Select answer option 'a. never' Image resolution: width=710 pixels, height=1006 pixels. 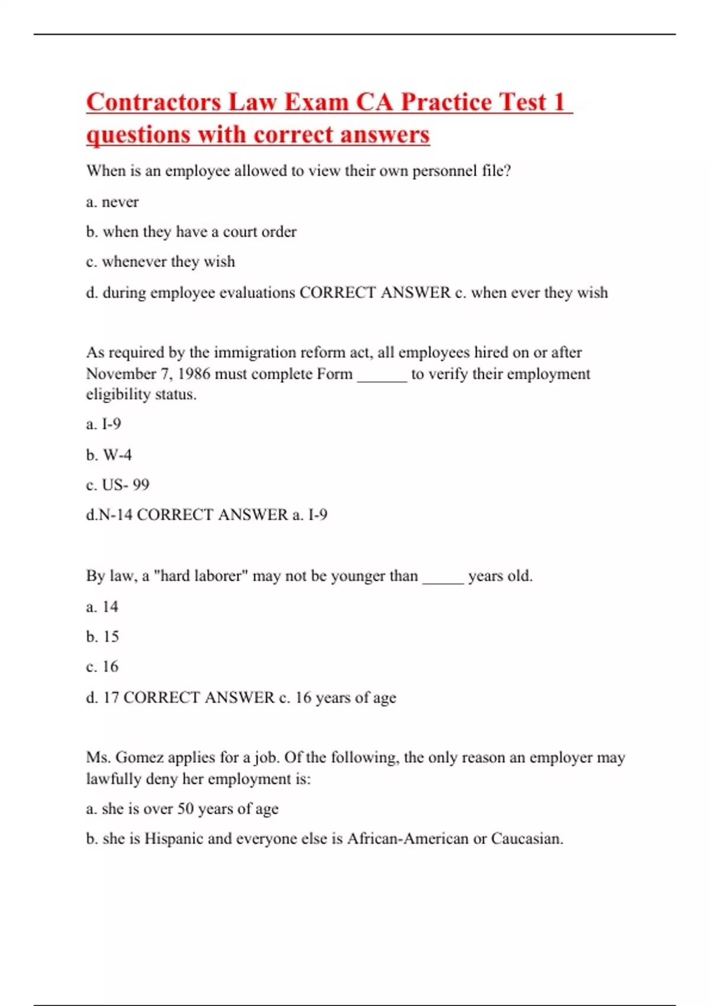112,202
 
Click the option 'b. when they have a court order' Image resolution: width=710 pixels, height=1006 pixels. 191,231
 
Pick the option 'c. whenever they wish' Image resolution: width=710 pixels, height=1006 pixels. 160,262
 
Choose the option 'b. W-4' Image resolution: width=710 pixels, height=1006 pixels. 109,454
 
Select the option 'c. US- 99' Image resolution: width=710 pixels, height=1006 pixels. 118,485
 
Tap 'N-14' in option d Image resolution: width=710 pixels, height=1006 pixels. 115,515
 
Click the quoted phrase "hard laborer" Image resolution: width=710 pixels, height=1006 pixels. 201,576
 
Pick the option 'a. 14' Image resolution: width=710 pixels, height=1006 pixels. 102,607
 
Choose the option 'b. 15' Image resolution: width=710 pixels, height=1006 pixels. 102,637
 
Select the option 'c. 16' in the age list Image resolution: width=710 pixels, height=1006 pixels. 102,666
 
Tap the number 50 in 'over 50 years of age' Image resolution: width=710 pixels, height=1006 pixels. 186,808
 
